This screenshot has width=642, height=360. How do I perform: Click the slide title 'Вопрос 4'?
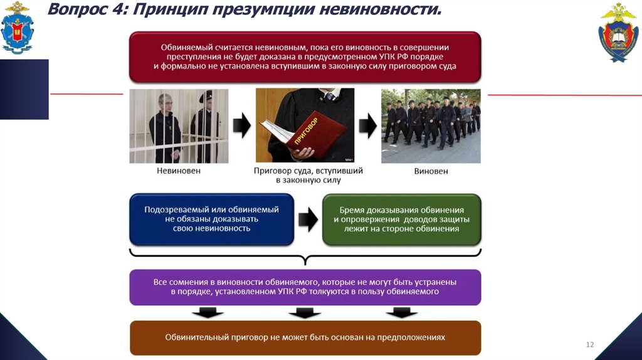88,11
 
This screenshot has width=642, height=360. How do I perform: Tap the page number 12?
589,345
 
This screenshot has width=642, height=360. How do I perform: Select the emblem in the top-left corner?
18,28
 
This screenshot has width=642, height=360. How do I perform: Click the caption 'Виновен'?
431,171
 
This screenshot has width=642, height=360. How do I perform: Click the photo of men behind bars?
179,125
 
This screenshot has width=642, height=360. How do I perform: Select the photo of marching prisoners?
431,125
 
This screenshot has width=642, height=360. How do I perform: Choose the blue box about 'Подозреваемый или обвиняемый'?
211,219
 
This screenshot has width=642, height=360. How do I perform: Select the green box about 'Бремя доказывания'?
401,219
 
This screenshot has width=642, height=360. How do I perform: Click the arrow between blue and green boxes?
307,219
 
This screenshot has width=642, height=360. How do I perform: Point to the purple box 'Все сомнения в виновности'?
305,287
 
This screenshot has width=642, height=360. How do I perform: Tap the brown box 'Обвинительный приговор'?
305,337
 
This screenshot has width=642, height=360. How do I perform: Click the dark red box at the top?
305,56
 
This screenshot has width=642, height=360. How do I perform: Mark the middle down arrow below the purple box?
305,312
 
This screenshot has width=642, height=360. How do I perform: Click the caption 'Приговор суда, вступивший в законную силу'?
307,175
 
